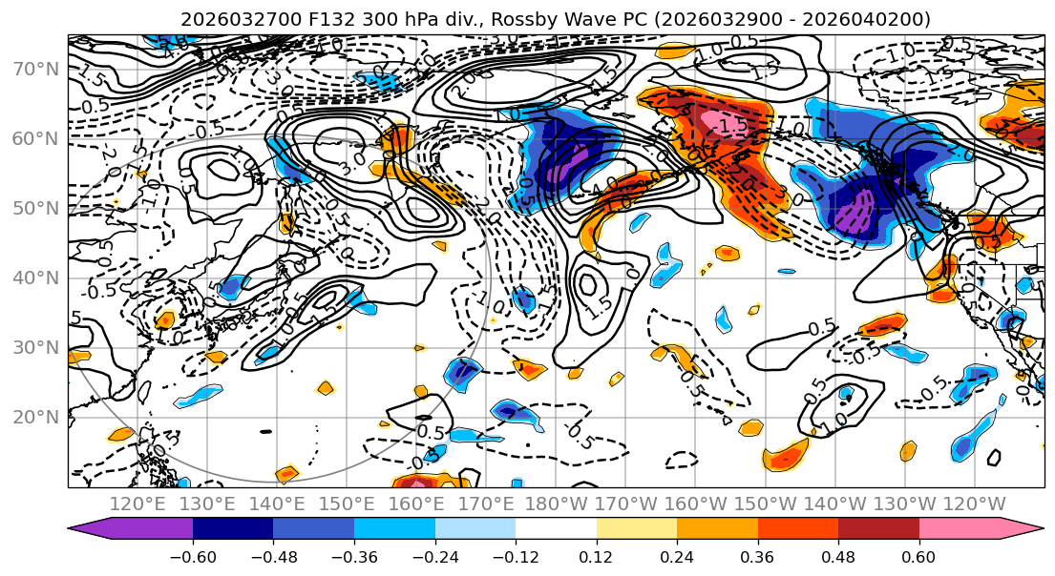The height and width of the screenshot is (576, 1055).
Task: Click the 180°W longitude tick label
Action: [555, 503]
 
